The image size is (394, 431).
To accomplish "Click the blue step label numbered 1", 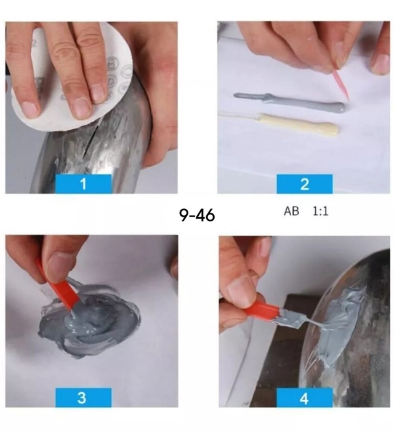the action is pos(84,184).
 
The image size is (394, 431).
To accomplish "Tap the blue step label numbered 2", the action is pos(305,184).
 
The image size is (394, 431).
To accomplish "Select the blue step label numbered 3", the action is pos(84,397).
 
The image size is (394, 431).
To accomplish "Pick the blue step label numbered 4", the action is pos(305,397).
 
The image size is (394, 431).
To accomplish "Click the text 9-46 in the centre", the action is pos(197,215).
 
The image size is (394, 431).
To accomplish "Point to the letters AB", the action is pos(291,211).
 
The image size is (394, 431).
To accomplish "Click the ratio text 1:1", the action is pos(321,211).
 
